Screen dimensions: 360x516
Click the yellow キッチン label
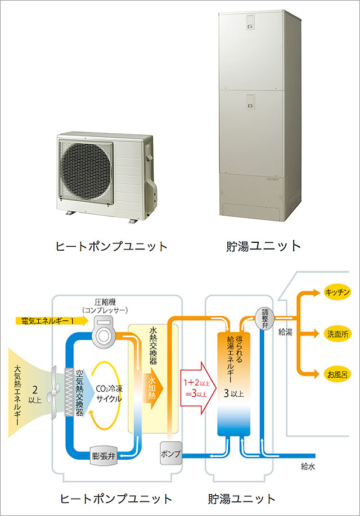(337, 292)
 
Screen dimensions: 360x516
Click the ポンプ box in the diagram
(171, 453)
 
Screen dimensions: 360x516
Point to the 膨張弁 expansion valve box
(103, 456)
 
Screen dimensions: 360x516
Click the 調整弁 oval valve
(265, 319)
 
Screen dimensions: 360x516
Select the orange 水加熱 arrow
(152, 391)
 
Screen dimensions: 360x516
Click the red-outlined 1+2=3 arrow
(197, 388)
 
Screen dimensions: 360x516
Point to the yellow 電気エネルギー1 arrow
(52, 320)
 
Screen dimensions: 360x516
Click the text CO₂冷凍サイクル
(109, 393)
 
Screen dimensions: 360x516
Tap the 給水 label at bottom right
(308, 466)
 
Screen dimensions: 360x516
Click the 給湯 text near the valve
(285, 332)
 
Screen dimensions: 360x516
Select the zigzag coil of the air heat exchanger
(69, 392)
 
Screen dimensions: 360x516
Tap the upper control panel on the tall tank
(251, 22)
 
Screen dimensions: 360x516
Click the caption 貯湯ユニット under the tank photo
(263, 246)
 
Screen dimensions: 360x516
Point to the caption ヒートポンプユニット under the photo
(111, 246)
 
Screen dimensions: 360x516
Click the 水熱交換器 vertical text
(153, 346)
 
